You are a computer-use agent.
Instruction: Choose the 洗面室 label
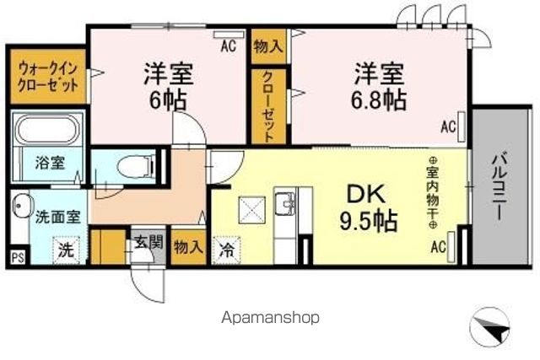[57, 216]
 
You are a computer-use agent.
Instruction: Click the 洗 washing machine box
[65, 250]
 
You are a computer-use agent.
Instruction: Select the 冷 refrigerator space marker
[227, 249]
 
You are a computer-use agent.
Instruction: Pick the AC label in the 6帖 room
[228, 46]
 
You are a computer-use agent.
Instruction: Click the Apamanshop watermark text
[271, 318]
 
